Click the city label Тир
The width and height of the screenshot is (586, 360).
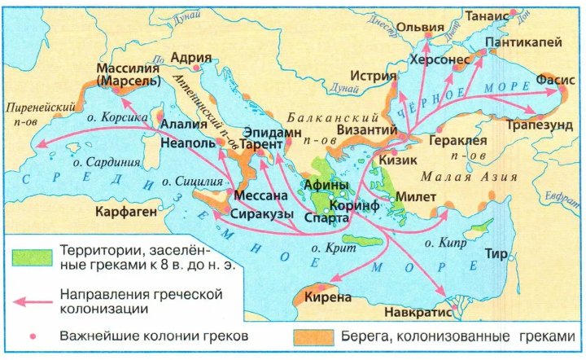pyautogui.click(x=496, y=254)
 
